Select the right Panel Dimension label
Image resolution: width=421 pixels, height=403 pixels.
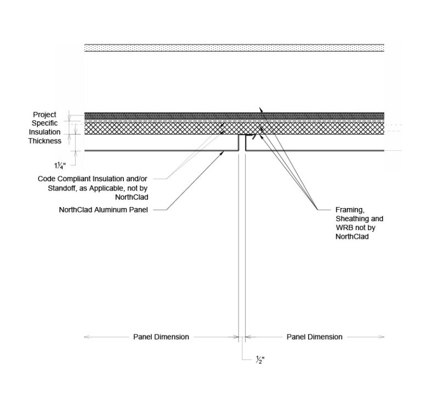(x=314, y=337)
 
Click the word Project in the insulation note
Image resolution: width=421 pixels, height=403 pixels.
(x=45, y=115)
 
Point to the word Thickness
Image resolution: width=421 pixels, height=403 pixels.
(x=45, y=141)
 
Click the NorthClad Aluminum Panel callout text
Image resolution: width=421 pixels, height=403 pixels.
(x=106, y=209)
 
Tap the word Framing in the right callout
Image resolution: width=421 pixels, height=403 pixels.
(x=348, y=209)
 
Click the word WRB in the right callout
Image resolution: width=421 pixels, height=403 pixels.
(x=343, y=227)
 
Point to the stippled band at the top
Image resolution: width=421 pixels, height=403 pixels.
(x=234, y=48)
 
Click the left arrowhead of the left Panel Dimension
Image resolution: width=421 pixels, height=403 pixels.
(x=85, y=337)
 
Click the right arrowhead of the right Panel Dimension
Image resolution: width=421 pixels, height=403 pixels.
(x=382, y=337)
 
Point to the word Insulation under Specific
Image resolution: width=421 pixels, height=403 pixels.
(x=45, y=132)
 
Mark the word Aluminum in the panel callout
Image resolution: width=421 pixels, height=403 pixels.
(x=115, y=209)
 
